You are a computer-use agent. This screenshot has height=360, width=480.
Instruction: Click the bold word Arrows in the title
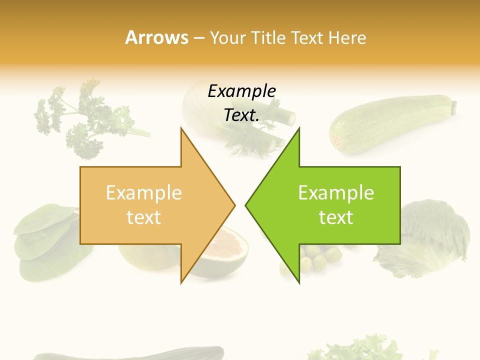156,37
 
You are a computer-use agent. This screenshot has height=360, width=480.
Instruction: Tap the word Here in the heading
347,38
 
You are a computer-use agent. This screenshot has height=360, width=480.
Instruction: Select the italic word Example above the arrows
241,91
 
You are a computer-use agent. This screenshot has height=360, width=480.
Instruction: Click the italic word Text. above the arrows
241,115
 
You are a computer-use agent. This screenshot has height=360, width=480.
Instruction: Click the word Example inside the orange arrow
144,193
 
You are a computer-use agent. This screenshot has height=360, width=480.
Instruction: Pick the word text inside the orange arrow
144,217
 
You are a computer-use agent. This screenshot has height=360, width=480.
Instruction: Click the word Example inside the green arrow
336,193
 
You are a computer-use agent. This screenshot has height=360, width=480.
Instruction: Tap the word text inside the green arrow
336,217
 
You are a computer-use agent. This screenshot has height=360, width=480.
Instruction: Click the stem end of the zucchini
454,106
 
